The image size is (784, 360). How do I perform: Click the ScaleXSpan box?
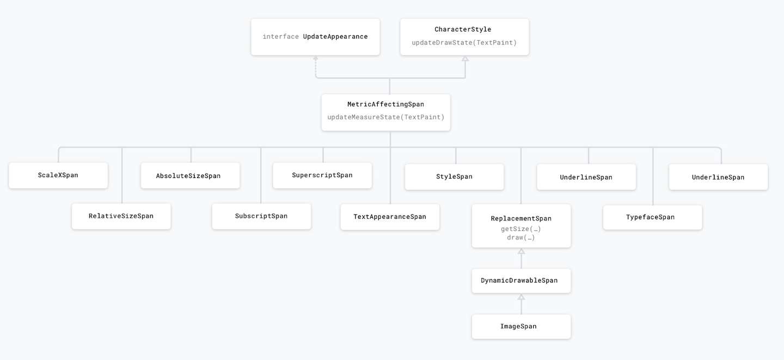58,175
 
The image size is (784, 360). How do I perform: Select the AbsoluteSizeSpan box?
191,175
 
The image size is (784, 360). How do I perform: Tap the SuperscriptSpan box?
322,175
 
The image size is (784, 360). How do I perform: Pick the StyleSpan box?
454,177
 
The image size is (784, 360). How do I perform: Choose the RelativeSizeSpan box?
121,216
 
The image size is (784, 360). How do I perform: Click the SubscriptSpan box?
261,216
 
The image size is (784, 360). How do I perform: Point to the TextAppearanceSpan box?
390,217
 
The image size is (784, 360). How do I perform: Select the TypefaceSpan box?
653,217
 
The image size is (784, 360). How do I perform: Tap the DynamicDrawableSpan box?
521,281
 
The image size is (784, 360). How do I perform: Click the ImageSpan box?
521,326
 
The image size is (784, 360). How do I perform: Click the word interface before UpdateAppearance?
281,36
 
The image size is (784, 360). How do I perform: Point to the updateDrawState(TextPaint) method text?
464,42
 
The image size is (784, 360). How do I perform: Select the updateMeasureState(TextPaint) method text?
385,117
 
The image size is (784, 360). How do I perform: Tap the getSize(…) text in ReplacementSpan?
521,229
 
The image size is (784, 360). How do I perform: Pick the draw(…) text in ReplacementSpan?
521,238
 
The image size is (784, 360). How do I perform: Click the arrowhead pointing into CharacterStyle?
465,59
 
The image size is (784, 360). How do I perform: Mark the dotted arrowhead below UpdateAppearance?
316,58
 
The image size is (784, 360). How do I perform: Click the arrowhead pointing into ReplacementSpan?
521,251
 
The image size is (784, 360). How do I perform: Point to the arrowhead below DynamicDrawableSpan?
521,297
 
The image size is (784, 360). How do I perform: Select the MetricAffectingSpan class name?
385,105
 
